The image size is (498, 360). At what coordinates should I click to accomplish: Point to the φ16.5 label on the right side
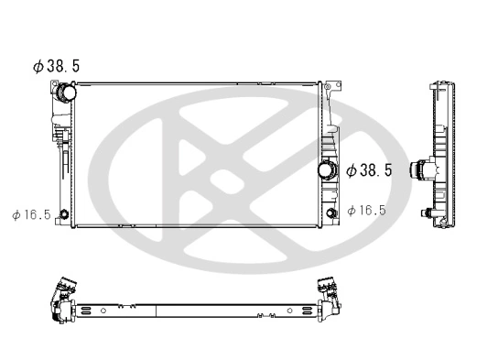[367, 211]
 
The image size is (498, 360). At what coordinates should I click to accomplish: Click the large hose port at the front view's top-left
[65, 93]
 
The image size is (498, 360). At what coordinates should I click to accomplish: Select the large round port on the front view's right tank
[325, 170]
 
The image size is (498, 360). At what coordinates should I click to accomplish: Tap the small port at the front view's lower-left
[63, 216]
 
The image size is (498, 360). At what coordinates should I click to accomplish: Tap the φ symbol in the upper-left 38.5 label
[38, 67]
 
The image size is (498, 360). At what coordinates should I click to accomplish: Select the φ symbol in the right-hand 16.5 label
[352, 211]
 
